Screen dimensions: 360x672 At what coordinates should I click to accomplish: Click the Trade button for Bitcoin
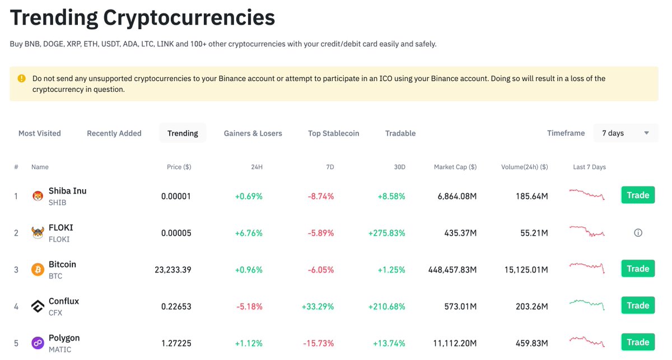click(638, 269)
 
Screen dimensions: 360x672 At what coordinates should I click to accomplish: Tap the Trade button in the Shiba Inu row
click(638, 195)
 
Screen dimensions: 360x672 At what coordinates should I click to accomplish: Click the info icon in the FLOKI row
click(638, 232)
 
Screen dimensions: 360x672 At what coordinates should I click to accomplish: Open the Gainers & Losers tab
click(253, 133)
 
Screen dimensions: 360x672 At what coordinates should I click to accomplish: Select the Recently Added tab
click(114, 133)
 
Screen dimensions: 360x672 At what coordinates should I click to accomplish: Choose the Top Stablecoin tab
click(333, 133)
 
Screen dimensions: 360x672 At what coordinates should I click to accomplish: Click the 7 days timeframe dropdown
click(625, 133)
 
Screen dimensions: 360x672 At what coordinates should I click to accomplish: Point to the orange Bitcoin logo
click(38, 269)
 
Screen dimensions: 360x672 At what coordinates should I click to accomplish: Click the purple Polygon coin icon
click(38, 343)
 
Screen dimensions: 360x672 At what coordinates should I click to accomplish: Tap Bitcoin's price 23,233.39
click(172, 270)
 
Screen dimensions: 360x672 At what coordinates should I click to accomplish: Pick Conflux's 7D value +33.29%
click(318, 306)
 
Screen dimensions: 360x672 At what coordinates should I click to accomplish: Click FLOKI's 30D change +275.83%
click(386, 233)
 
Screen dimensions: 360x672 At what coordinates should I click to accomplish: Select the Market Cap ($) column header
click(455, 167)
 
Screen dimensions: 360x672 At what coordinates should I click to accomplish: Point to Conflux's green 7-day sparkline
click(587, 304)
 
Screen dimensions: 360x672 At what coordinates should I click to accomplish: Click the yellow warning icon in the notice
click(22, 78)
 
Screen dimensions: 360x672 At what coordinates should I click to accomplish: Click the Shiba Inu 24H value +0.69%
click(249, 197)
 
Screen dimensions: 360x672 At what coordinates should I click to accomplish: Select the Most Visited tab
click(40, 133)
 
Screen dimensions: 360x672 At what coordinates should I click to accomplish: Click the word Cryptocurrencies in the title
click(189, 18)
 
